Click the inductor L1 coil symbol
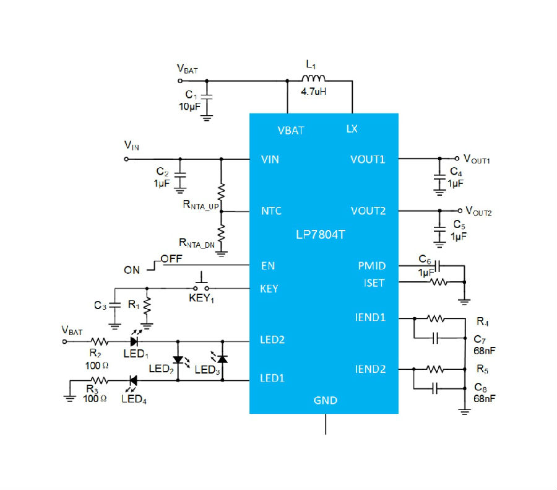(x=313, y=78)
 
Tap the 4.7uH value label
(x=313, y=92)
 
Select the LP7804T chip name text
(x=321, y=235)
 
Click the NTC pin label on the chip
(x=271, y=211)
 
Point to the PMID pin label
(x=371, y=266)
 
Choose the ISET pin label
(x=374, y=283)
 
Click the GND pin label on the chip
(x=325, y=400)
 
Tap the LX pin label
(x=352, y=129)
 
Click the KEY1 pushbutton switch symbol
(x=201, y=282)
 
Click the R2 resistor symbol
(x=100, y=342)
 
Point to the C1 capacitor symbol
(x=206, y=97)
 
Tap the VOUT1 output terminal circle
(x=457, y=159)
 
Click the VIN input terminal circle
(x=126, y=159)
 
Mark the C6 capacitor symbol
(x=438, y=265)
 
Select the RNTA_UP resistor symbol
(x=221, y=191)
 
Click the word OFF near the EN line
(x=171, y=258)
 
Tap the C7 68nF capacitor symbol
(x=436, y=338)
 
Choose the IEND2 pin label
(x=370, y=369)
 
